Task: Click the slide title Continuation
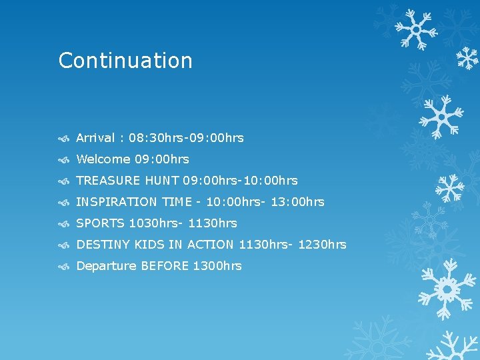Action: click(x=125, y=61)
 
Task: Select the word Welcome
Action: click(x=103, y=159)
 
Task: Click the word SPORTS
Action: click(x=101, y=223)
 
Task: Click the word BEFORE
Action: click(x=165, y=266)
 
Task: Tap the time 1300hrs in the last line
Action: click(x=217, y=266)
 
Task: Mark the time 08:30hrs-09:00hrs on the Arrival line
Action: click(x=187, y=138)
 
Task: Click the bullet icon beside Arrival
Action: click(x=64, y=139)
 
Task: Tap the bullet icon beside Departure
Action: click(x=64, y=267)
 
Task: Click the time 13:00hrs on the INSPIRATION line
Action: click(x=297, y=202)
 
